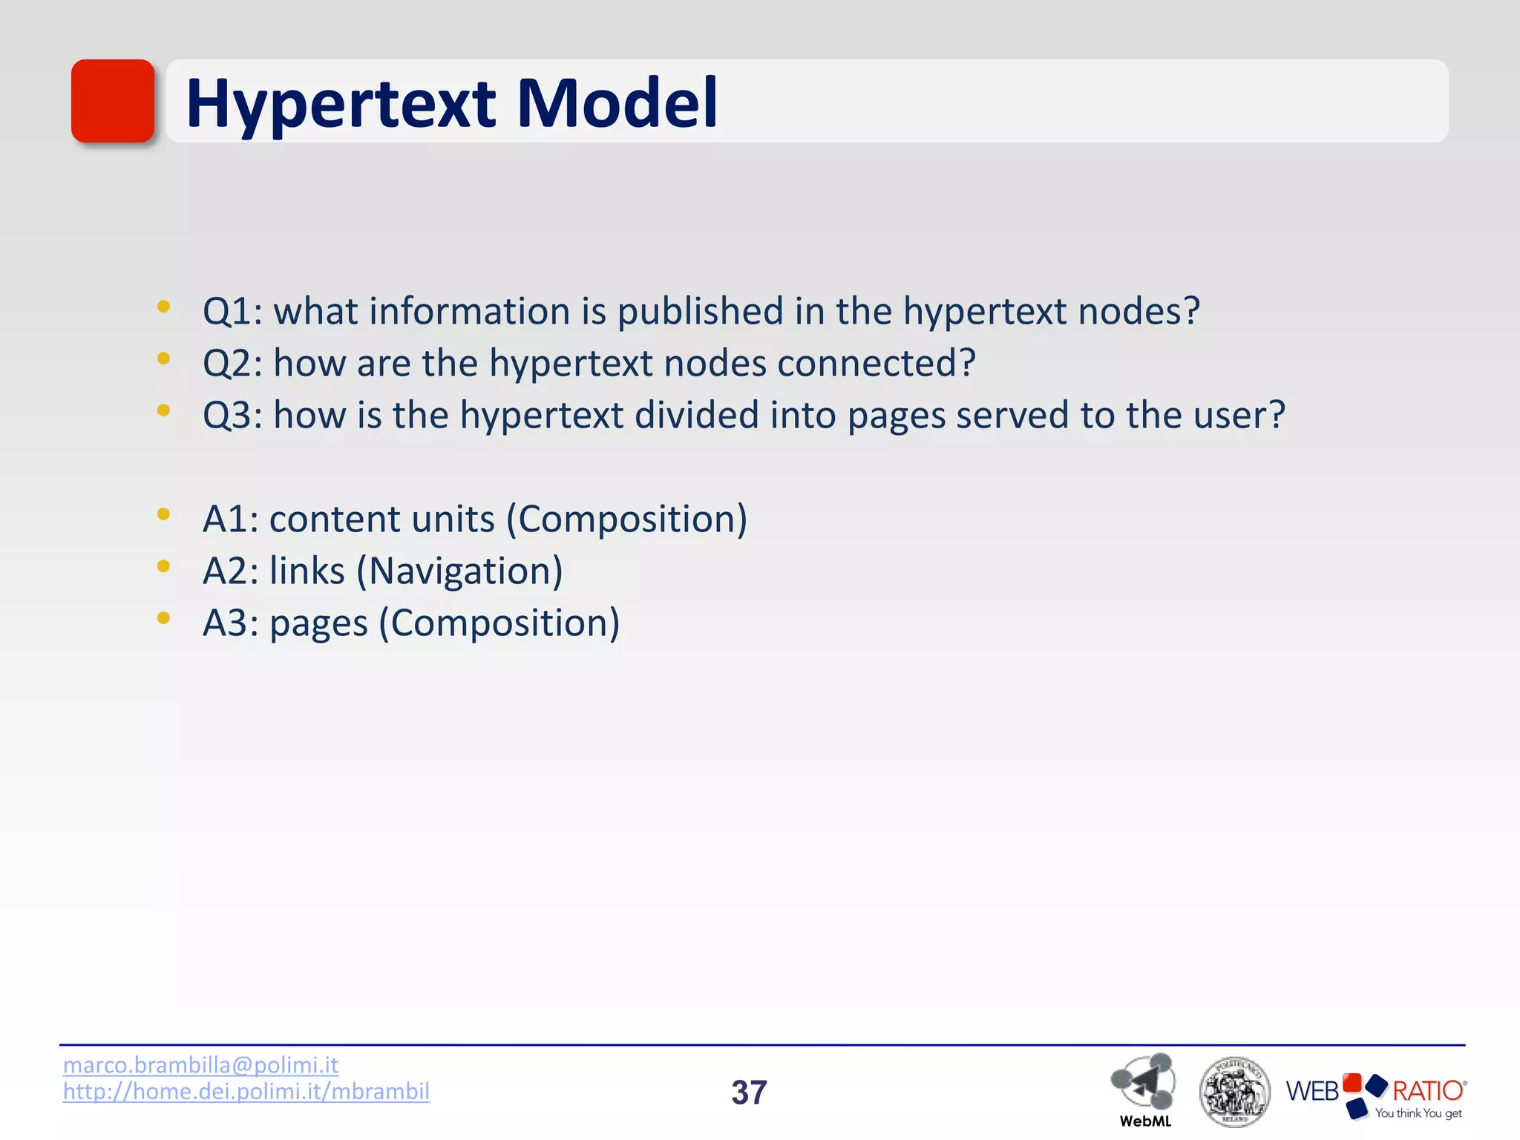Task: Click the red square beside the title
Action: (x=113, y=101)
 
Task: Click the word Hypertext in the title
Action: (x=341, y=104)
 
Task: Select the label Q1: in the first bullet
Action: (x=232, y=311)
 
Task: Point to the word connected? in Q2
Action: (x=876, y=363)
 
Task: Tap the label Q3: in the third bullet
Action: (x=232, y=415)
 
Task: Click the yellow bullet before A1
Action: (x=164, y=514)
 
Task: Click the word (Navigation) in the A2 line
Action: (x=459, y=571)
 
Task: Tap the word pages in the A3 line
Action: (x=318, y=624)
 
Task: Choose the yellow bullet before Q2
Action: (x=164, y=358)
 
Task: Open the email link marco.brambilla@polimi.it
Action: (x=200, y=1065)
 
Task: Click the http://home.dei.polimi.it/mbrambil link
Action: (x=246, y=1091)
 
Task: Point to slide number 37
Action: (x=749, y=1092)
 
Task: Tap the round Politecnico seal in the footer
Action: (x=1234, y=1092)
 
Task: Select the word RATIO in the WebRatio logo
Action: (x=1427, y=1090)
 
